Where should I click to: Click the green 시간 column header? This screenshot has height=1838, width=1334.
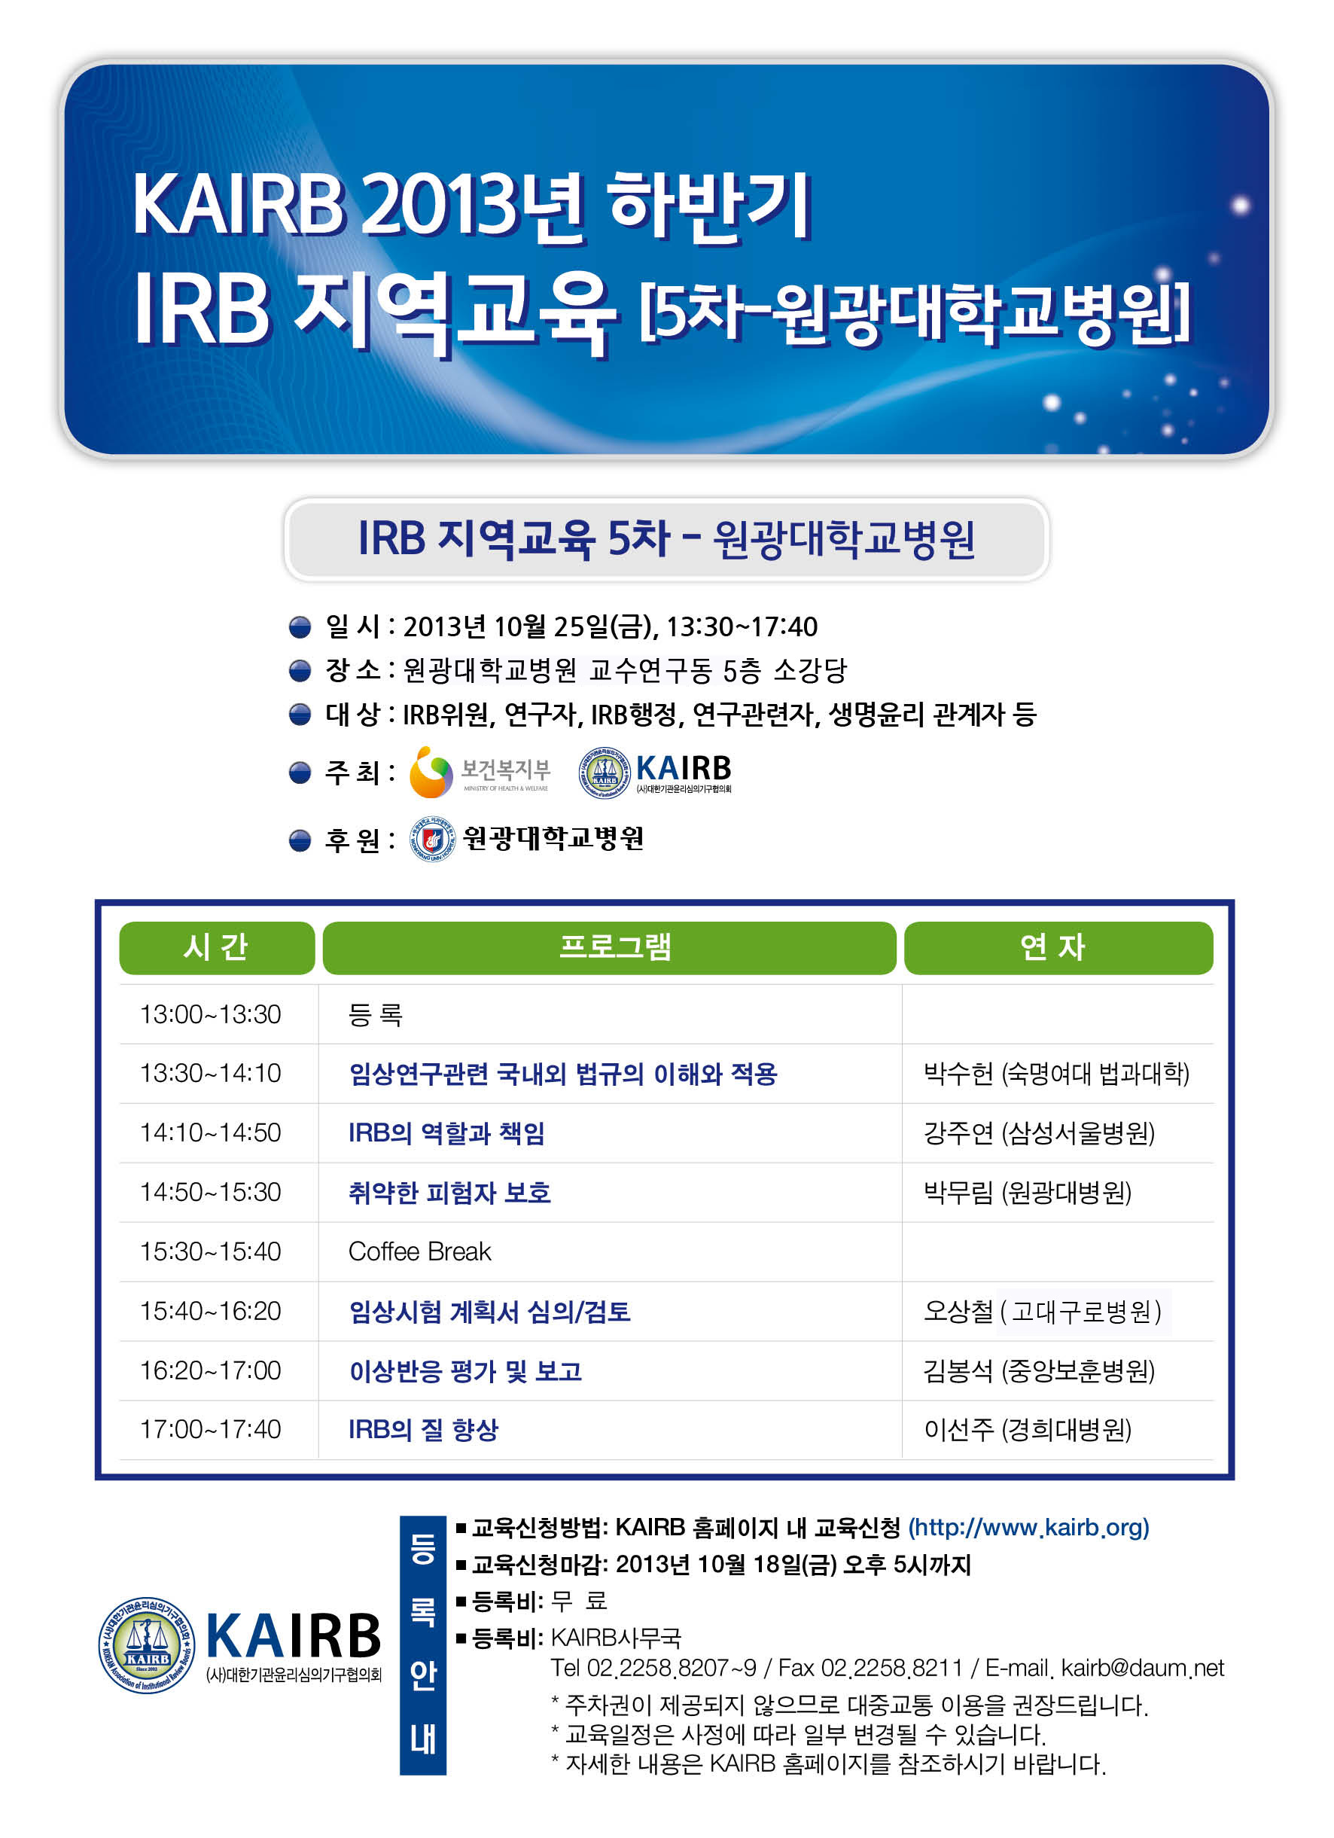click(216, 947)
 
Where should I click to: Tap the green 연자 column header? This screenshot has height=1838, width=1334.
click(1058, 947)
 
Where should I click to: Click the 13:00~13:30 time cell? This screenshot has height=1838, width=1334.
click(210, 1013)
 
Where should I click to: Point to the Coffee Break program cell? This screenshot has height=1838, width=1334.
click(420, 1251)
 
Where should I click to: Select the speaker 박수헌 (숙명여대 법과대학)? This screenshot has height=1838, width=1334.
click(1056, 1074)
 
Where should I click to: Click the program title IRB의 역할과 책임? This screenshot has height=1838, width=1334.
click(446, 1133)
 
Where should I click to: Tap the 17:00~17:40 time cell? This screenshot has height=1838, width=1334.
click(210, 1428)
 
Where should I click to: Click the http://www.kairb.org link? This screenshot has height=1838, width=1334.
click(1028, 1528)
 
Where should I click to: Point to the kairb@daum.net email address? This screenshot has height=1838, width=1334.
click(1143, 1668)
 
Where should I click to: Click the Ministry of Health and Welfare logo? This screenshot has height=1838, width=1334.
click(480, 773)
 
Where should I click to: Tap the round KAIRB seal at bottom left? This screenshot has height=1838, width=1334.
click(147, 1645)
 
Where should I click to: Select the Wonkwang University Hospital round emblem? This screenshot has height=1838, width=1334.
click(433, 839)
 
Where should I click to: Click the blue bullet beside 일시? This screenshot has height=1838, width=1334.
click(300, 626)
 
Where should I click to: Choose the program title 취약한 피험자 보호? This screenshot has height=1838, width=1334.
click(449, 1193)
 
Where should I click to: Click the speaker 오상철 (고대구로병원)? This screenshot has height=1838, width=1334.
click(1043, 1311)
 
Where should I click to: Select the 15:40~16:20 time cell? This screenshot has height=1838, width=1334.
click(210, 1310)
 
